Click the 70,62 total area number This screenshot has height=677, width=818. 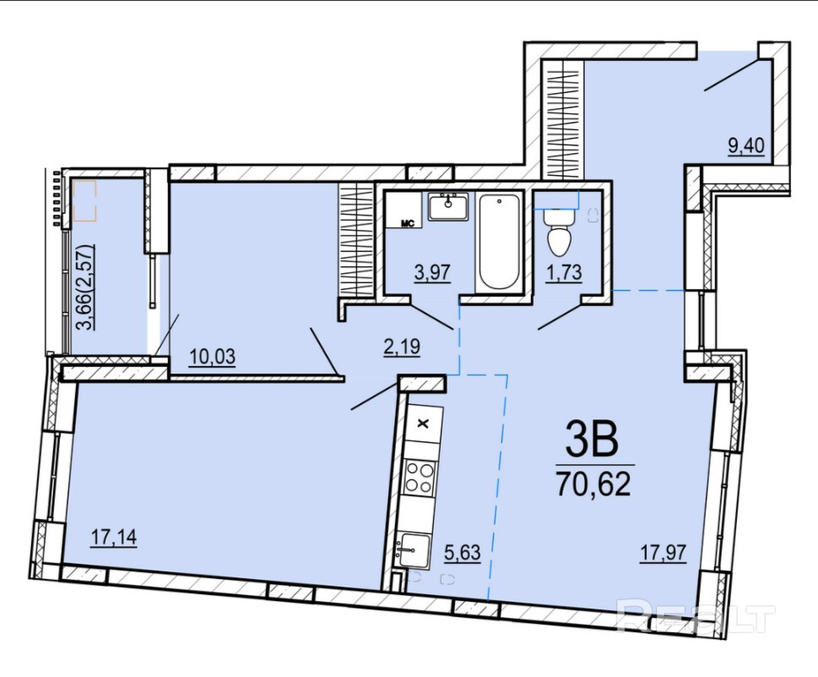pos(594,484)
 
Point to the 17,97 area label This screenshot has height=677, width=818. pos(664,552)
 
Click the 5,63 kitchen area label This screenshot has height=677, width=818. pos(463,552)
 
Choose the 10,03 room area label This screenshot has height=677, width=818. pos(213,357)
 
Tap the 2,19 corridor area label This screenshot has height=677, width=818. pos(402,347)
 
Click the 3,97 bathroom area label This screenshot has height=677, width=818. pos(432,272)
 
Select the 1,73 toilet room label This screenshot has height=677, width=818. pos(563,272)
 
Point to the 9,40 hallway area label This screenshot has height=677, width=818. pos(746,145)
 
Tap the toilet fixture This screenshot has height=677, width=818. pos(559,232)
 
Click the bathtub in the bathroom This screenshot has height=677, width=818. pos(499,242)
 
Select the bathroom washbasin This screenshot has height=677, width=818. pos(448,207)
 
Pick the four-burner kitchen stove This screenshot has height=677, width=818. pos(420,478)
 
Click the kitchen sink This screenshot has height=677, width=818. pos(414,550)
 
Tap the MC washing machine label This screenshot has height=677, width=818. pos(407,224)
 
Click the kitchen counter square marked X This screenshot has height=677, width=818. pos(424,423)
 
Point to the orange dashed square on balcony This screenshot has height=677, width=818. pos(84,200)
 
